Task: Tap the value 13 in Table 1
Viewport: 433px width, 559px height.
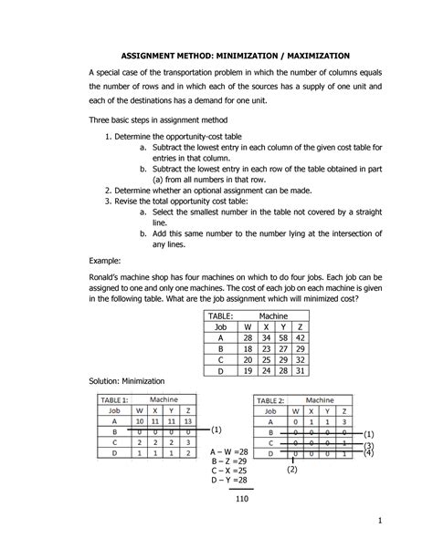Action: [x=187, y=422]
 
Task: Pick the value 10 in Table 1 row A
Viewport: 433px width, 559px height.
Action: [x=138, y=422]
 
